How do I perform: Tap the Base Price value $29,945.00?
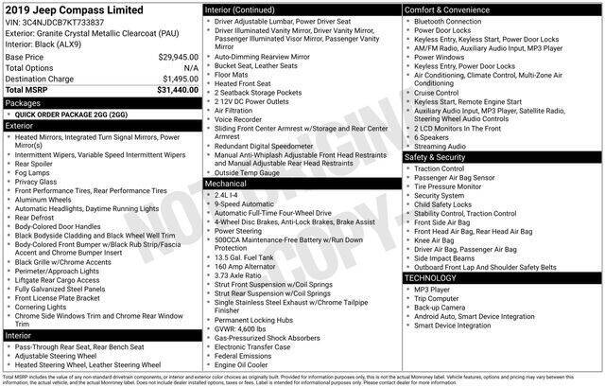pyautogui.click(x=175, y=57)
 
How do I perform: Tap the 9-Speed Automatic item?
pyautogui.click(x=246, y=203)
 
